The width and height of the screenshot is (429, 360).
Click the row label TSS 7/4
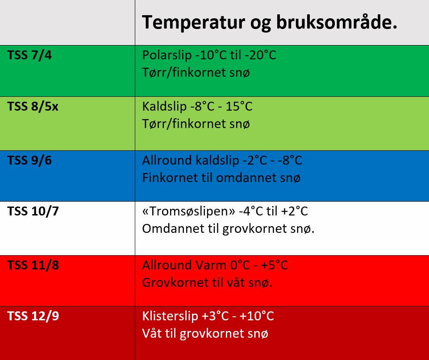(x=29, y=55)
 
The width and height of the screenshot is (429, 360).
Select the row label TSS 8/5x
(x=33, y=106)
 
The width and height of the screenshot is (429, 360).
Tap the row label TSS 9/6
(x=29, y=160)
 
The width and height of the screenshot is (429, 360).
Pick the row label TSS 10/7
(x=33, y=211)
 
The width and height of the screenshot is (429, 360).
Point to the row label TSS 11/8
(x=33, y=265)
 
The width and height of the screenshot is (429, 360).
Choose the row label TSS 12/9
(x=33, y=316)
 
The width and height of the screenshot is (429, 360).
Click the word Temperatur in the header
(x=193, y=22)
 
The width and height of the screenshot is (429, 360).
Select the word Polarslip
(x=167, y=55)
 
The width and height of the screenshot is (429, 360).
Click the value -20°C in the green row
(x=260, y=55)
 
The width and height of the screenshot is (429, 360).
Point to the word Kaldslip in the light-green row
(x=164, y=107)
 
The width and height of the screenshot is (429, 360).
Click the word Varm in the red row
(x=211, y=265)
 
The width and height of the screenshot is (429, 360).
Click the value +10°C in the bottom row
(x=257, y=316)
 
